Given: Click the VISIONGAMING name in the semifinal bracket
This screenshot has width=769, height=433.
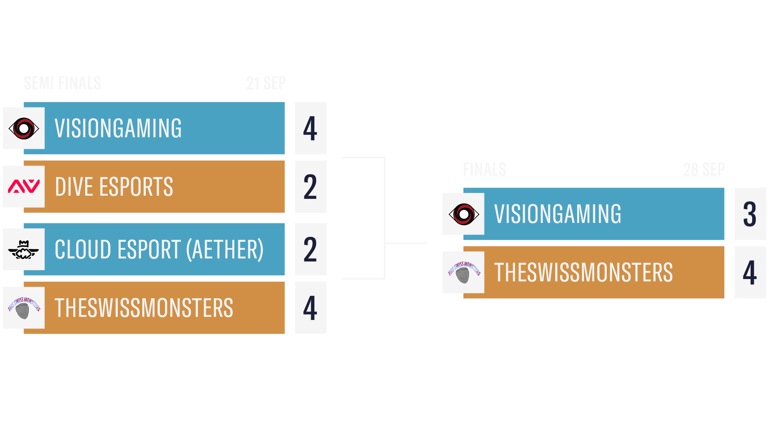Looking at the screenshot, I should pos(118,128).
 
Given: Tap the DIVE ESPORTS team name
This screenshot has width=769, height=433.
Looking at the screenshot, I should pos(114,187).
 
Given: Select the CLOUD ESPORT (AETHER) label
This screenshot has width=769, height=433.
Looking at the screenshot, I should pos(159,249).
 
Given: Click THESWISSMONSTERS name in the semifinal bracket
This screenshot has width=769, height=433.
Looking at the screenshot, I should pos(144,308).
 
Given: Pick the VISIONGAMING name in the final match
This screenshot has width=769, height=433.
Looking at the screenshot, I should pos(558,214).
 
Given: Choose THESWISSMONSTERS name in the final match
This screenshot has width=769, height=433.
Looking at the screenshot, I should pos(583,273).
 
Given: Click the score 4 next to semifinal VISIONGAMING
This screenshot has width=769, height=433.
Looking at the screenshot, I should pos(310,128).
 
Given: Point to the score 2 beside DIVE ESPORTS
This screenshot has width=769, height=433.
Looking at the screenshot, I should pos(310,187).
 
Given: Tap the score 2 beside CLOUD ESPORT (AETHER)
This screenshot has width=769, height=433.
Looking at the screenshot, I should pos(310,249).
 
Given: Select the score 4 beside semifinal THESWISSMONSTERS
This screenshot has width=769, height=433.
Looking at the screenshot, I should pos(310,308).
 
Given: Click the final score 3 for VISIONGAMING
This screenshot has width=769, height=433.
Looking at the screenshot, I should pos(749,214).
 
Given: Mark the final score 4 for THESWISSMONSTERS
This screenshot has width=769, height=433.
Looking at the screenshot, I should pos(749,273).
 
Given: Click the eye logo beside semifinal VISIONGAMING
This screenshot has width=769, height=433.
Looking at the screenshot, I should pos(24,128).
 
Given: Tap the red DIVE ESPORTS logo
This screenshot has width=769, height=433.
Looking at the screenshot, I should pos(24,186).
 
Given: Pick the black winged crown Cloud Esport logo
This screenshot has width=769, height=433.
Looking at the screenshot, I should pos(24,250).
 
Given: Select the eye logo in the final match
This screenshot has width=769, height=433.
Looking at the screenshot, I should pos(464,214).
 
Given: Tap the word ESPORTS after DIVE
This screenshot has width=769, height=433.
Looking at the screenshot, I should pos(136,187).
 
